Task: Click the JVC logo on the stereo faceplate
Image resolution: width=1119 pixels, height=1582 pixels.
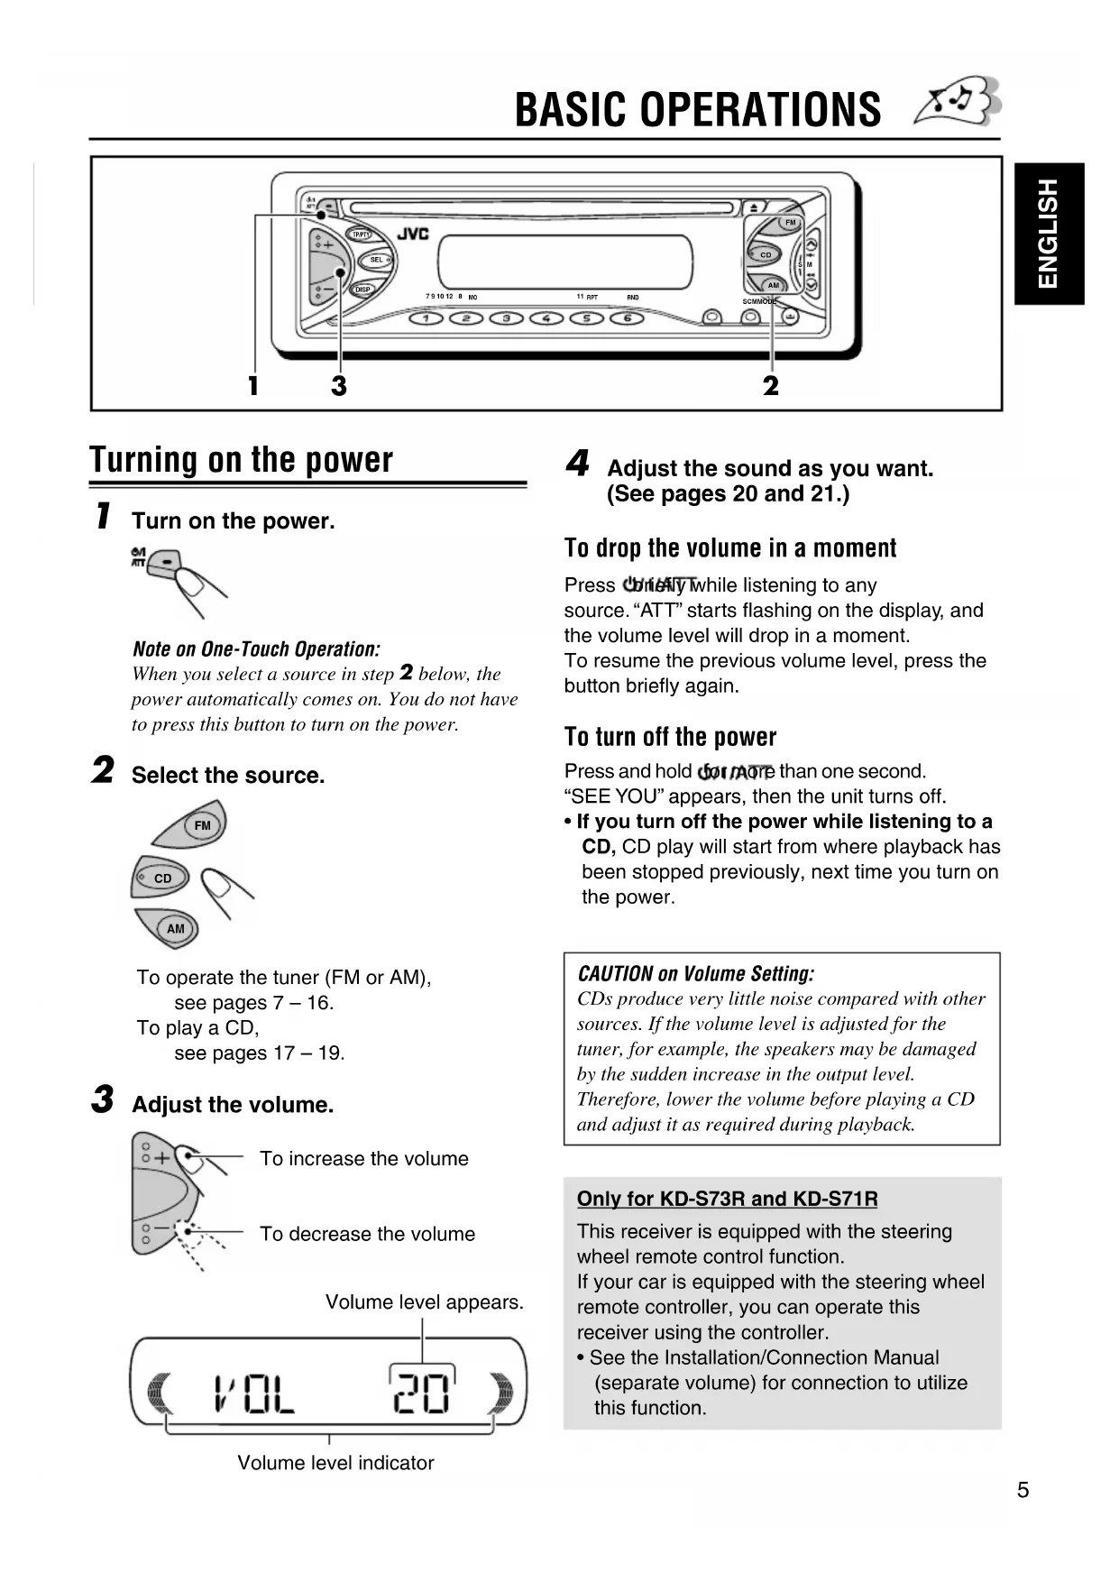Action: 414,235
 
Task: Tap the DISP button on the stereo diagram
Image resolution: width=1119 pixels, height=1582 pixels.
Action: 362,290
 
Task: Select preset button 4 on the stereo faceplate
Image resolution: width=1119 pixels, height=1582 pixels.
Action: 546,318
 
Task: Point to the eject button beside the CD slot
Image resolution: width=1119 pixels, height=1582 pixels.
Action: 755,207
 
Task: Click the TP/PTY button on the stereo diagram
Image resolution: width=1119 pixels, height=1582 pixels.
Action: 361,235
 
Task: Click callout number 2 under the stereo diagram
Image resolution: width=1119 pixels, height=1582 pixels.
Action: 770,386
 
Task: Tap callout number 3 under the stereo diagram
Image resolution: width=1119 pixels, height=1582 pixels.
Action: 338,386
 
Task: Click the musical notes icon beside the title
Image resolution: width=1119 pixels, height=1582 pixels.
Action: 958,102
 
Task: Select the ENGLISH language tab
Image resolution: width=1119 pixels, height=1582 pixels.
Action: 1048,234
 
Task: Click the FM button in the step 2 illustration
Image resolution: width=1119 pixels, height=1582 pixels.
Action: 202,825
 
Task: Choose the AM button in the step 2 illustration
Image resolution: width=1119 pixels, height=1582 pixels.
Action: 175,928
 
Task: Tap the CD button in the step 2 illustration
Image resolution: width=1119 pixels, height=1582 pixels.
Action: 162,878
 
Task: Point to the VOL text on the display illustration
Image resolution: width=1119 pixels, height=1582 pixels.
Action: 253,1393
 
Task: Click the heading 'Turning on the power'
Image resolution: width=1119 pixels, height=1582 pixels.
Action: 241,460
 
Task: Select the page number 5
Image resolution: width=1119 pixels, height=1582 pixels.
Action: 1023,1490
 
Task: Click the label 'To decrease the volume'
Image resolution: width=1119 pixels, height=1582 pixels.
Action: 367,1234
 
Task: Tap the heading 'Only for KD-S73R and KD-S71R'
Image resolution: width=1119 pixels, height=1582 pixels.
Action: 727,1199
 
